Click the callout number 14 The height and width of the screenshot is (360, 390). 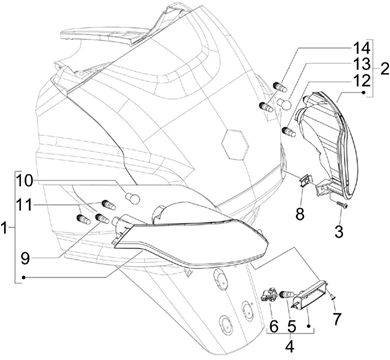click(361, 48)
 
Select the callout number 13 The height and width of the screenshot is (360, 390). click(361, 63)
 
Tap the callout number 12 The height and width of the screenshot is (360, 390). click(361, 80)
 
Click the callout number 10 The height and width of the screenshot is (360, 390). click(29, 181)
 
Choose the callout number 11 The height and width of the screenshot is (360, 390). click(25, 204)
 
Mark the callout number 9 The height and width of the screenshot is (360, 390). click(25, 259)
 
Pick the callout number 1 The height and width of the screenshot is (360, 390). click(4, 229)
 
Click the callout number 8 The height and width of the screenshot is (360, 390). click(300, 214)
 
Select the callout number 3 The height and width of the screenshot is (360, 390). click(339, 232)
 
